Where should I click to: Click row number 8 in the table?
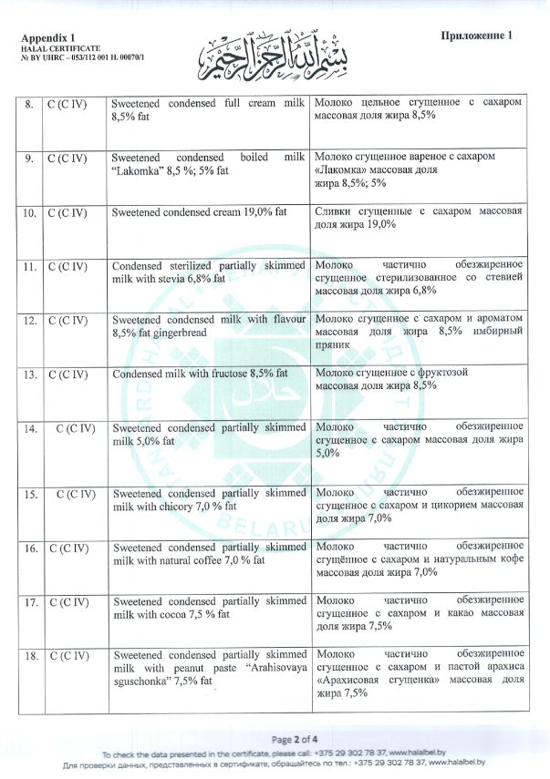tap(30, 104)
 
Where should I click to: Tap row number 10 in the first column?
tap(30, 212)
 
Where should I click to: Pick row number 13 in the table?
tap(30, 374)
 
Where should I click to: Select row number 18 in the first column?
tap(30, 655)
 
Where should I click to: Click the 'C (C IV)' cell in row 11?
tap(67, 267)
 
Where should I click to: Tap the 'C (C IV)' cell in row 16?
tap(67, 548)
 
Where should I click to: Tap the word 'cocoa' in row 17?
tap(168, 614)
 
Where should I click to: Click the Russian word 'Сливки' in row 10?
tap(334, 212)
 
